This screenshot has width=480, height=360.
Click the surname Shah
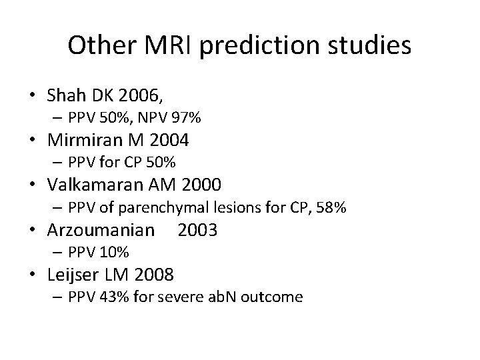click(x=66, y=95)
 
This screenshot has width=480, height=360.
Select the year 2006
click(x=137, y=95)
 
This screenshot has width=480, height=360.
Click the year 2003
click(x=197, y=230)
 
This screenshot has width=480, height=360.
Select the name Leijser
click(x=69, y=274)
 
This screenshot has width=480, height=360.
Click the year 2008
click(x=154, y=274)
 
